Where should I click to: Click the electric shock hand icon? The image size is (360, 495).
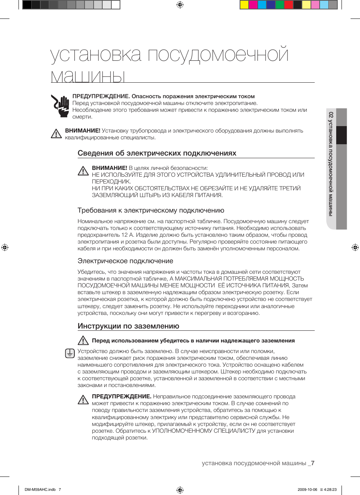60,106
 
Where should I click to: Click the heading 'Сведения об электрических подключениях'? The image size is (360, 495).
157,153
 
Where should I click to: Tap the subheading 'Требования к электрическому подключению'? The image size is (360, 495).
151,210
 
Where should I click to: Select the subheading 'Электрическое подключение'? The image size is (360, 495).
125,261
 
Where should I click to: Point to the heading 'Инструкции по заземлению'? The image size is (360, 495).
128,326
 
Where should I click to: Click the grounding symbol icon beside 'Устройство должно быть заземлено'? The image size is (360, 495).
70,353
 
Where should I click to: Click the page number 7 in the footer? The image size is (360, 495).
312,463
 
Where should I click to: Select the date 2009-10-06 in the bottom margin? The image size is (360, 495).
307,489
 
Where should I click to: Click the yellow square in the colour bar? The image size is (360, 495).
244,5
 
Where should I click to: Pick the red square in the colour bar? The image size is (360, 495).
288,5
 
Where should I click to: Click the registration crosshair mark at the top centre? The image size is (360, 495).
180,5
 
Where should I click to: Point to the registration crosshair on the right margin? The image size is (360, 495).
355,247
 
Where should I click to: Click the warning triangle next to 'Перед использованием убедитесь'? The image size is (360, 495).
83,341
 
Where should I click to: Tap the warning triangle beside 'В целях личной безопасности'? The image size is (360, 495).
83,171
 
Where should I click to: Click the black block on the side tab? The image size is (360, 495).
341,135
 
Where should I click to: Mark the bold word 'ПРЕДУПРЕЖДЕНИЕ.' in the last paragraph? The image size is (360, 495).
122,396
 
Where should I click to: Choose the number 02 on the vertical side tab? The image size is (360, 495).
331,115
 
